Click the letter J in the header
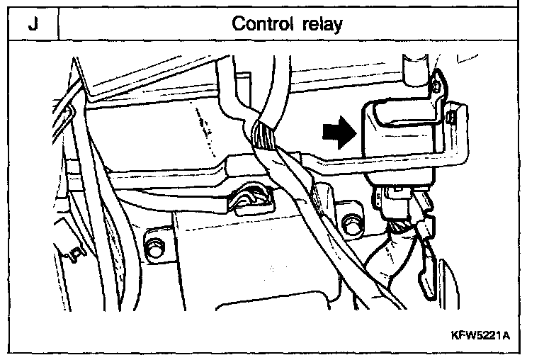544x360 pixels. (x=33, y=23)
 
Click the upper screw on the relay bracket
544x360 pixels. (x=436, y=86)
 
